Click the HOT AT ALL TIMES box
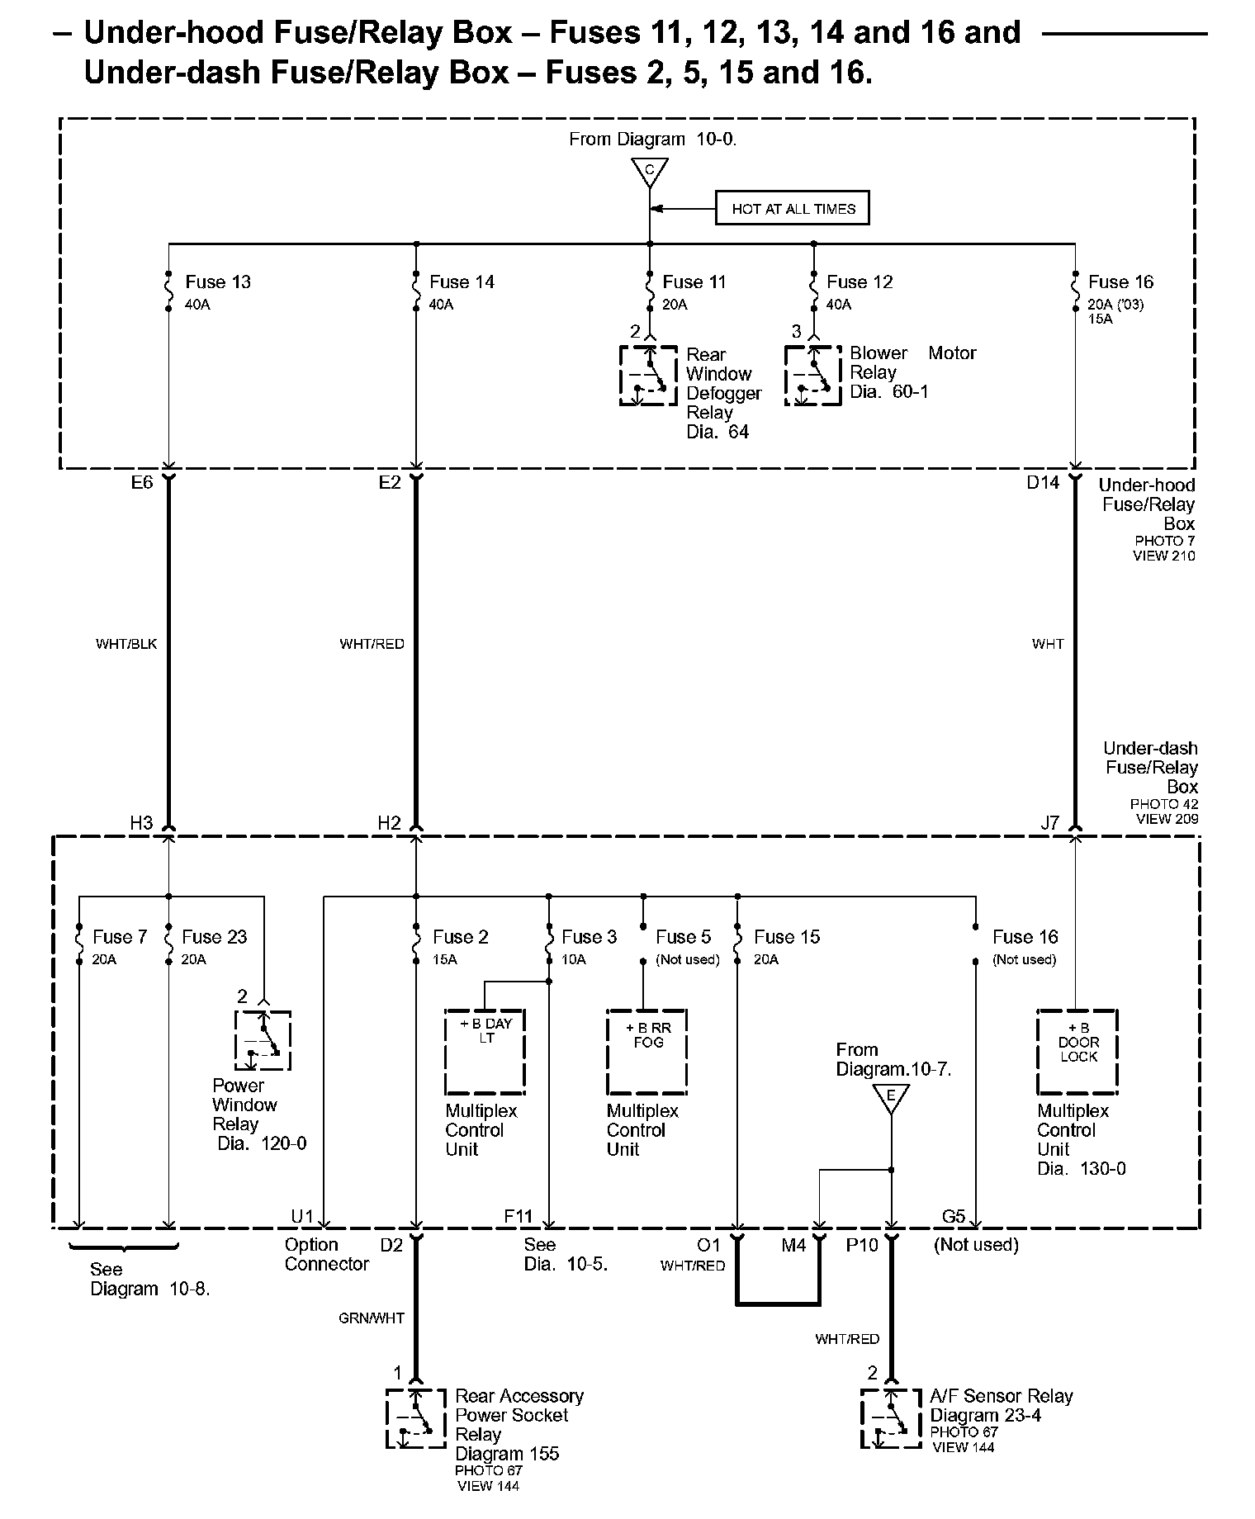point(793,209)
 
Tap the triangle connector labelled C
point(650,172)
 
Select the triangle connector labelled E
point(891,1097)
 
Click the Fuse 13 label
point(217,282)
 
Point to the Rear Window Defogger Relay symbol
point(648,376)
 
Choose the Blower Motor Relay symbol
point(812,376)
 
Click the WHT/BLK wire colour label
point(126,644)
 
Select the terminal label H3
point(141,823)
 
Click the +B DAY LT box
point(485,1051)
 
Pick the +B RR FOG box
point(647,1051)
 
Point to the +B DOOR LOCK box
point(1077,1051)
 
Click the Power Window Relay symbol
point(263,1040)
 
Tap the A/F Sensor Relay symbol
point(891,1418)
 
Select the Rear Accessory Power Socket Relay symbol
point(415,1418)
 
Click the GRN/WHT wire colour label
point(372,1318)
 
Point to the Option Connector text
point(326,1254)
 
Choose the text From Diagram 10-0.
point(652,140)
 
